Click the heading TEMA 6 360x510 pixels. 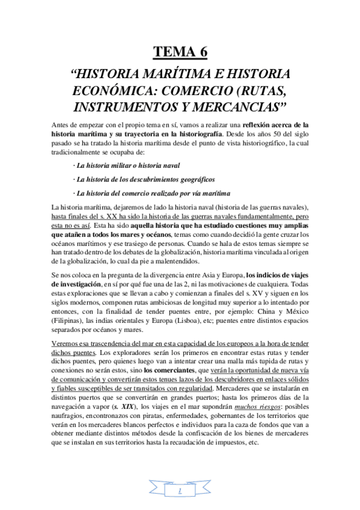(180, 52)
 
